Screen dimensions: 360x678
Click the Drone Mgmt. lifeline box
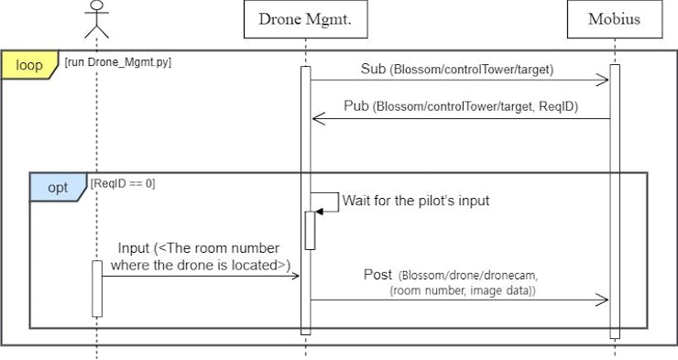click(x=305, y=19)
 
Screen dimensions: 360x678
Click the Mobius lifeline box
click(x=614, y=19)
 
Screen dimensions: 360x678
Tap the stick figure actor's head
click(x=96, y=8)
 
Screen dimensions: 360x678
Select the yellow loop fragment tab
click(x=29, y=66)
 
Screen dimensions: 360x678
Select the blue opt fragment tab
click(x=57, y=187)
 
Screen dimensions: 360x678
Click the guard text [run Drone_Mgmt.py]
click(x=118, y=62)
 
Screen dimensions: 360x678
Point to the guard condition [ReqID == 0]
click(x=123, y=183)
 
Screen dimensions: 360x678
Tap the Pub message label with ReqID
click(x=460, y=106)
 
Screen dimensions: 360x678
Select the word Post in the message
click(x=377, y=274)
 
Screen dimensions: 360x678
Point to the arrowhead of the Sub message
click(x=604, y=81)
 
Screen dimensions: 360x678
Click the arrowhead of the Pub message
click(x=317, y=118)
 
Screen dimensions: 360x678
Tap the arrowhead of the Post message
click(x=604, y=300)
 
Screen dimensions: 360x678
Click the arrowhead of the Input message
click(x=295, y=275)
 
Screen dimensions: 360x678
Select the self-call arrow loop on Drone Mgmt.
click(x=326, y=202)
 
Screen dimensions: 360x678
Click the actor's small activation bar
click(x=96, y=289)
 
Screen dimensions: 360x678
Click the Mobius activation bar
click(x=614, y=202)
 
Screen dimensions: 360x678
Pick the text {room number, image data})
click(x=463, y=290)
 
